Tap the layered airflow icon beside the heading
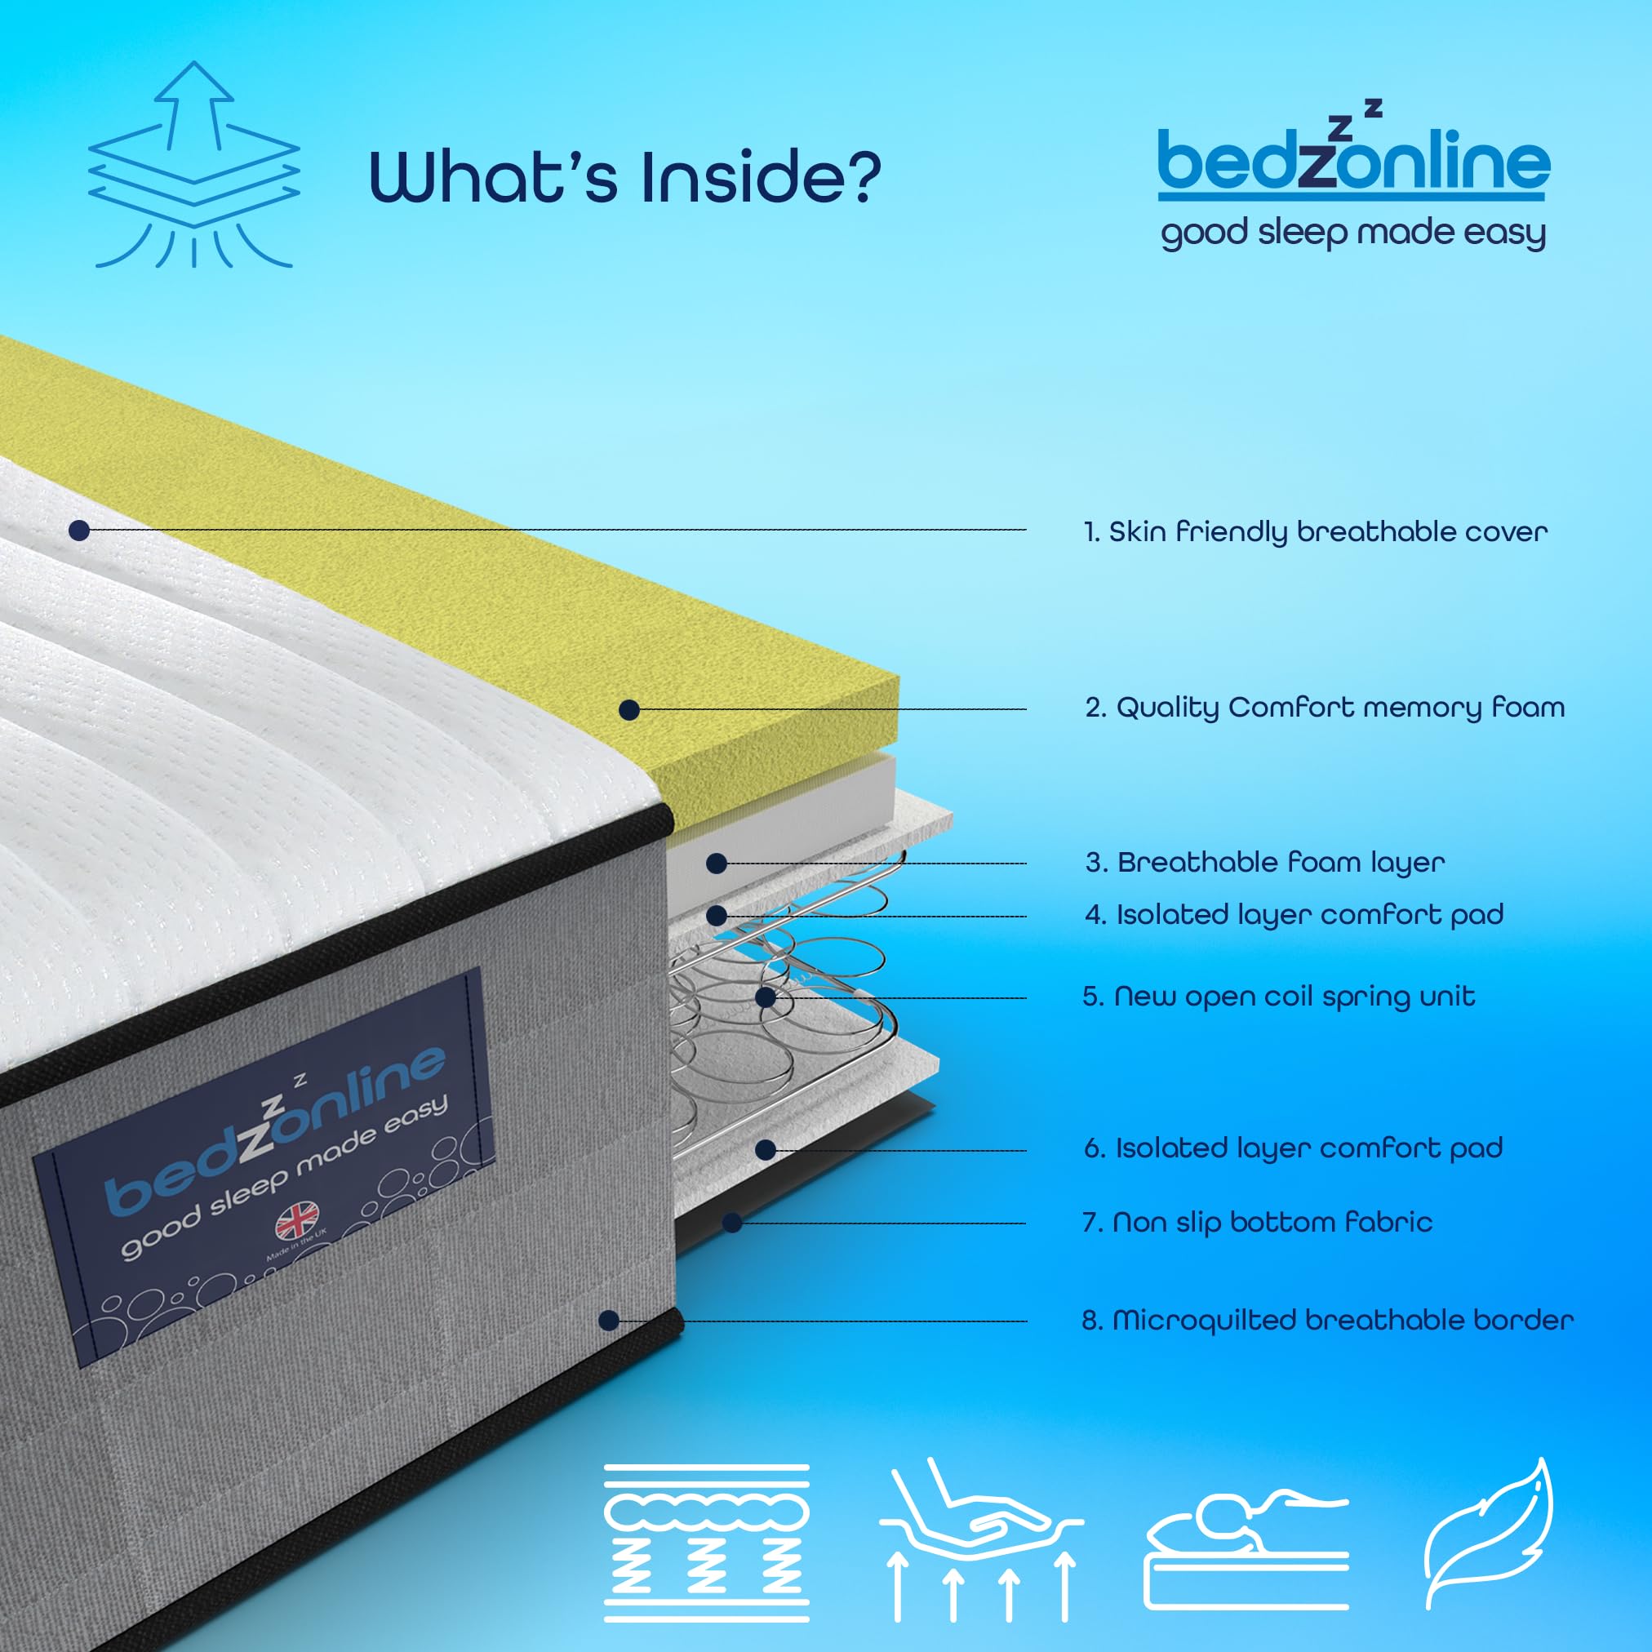[x=194, y=164]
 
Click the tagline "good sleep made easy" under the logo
[x=1353, y=233]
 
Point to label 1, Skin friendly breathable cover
[x=1315, y=532]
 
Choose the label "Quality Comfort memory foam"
[x=1326, y=708]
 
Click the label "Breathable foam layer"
[x=1265, y=862]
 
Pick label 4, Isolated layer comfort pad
[x=1295, y=915]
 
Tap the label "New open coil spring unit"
[x=1279, y=997]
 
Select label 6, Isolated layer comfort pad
[x=1294, y=1148]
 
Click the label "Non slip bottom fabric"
[x=1258, y=1223]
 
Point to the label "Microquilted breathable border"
[x=1328, y=1321]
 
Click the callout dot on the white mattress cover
[x=79, y=531]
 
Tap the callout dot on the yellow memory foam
[x=629, y=710]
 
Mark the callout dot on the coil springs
[x=766, y=997]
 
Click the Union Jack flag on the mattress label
[x=297, y=1222]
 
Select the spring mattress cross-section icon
[x=706, y=1543]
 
